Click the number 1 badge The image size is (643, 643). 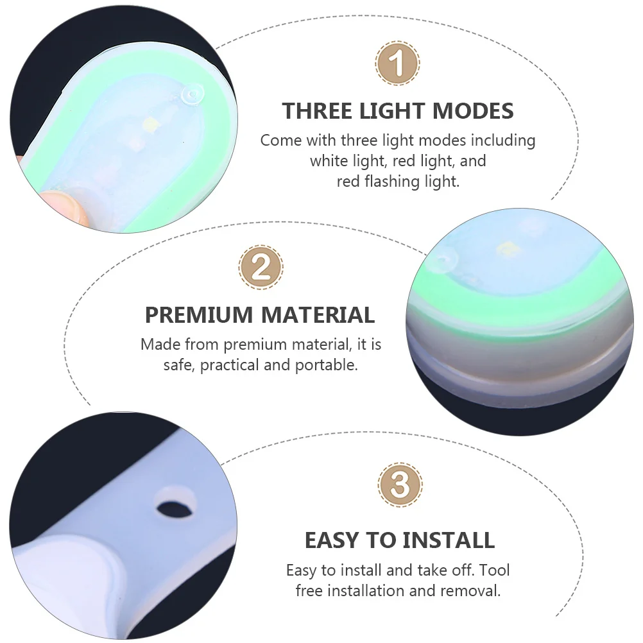397,63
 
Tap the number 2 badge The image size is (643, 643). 261,266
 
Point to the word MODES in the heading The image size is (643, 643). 473,111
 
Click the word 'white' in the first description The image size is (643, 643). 329,160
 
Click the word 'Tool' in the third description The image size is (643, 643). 495,570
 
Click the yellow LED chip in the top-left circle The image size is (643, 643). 153,122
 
